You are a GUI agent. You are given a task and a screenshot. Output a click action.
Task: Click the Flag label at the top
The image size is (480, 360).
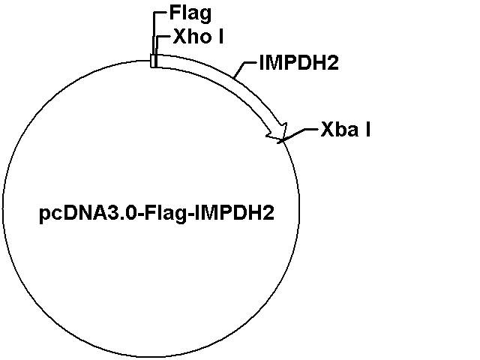coord(190,13)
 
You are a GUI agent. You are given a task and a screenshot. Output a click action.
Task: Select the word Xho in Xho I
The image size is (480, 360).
coord(192,37)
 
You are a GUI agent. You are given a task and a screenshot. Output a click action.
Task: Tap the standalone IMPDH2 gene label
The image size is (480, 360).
coord(298,63)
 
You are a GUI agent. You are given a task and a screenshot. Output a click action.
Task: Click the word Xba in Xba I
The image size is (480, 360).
coord(340,130)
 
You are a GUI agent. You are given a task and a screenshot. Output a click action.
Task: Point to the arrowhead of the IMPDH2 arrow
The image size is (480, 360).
coord(278,132)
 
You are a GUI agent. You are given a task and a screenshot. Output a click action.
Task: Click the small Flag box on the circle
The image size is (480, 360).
coord(153,61)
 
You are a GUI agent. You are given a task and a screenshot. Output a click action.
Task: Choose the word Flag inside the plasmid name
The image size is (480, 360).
coord(165,214)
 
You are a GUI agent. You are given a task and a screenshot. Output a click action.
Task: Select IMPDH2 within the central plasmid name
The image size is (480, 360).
coord(235,213)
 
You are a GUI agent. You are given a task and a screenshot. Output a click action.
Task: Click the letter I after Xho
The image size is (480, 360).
coord(220,37)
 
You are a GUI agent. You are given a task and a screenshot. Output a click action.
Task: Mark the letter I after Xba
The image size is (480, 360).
coord(367,130)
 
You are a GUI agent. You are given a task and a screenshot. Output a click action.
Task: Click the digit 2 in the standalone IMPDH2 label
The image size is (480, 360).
coord(333,63)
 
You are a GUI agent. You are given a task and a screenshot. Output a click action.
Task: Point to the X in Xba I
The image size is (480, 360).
coord(327,130)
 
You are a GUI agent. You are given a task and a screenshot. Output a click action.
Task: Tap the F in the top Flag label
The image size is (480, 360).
coord(175,13)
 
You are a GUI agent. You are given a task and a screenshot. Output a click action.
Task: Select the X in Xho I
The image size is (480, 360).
coord(179,37)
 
